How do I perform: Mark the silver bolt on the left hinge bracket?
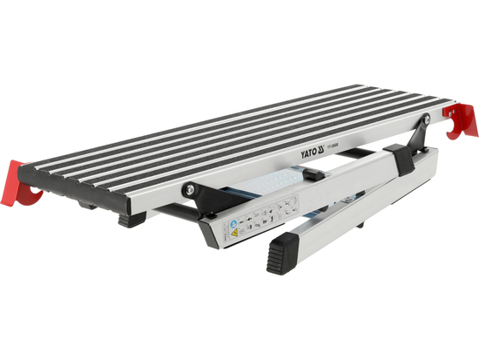tap(188, 187)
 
